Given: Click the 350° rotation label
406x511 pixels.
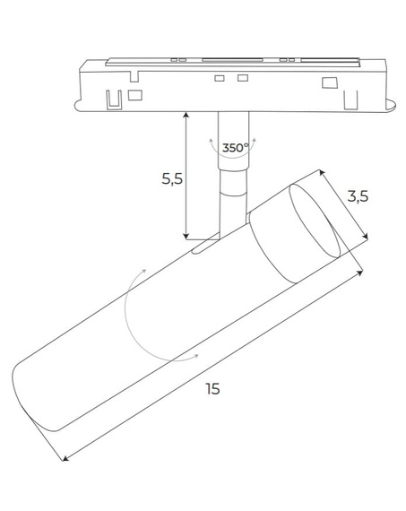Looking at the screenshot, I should point(234,146).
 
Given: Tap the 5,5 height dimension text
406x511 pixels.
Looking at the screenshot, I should point(172,178).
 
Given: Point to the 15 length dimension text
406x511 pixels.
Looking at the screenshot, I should point(212,388).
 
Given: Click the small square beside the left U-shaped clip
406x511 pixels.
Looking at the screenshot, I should point(134,93).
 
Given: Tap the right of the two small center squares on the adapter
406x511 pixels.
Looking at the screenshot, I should point(241,80).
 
